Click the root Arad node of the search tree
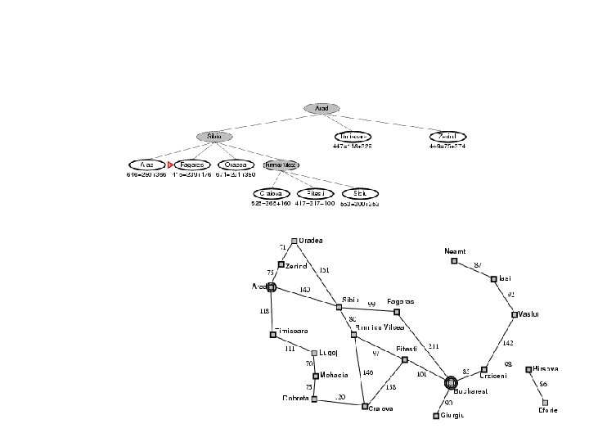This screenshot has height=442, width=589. [321, 108]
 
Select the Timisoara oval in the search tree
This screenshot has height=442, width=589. [353, 137]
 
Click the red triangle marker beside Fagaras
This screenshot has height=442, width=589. [170, 165]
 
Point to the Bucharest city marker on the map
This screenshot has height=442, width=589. [450, 382]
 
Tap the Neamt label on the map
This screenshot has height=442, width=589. [454, 250]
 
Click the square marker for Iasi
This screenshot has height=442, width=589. [495, 279]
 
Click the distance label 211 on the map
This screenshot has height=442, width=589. [434, 346]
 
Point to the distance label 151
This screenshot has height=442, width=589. [324, 269]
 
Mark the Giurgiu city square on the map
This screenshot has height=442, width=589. [436, 415]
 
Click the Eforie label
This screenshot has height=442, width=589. [547, 410]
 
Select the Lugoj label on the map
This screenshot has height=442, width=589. [327, 354]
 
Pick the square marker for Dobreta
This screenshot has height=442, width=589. [314, 399]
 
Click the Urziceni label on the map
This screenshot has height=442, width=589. [493, 375]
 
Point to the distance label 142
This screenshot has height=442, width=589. [507, 343]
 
